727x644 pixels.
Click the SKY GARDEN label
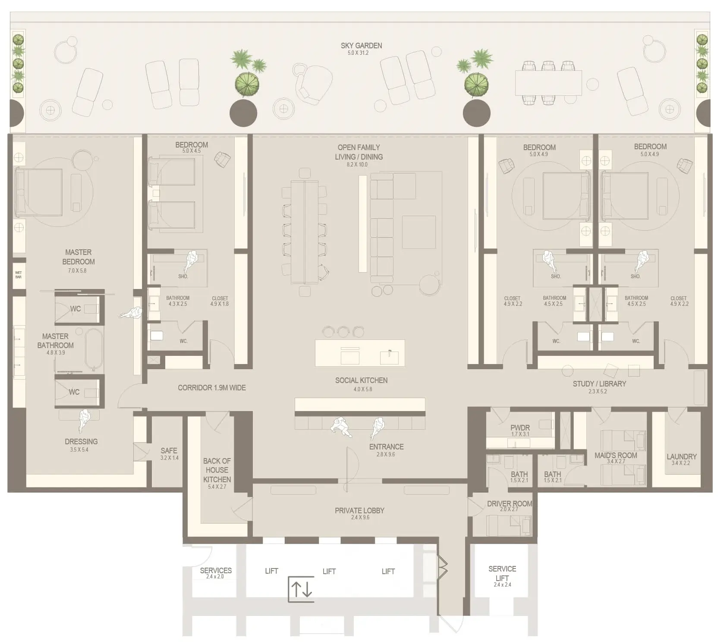tap(361, 45)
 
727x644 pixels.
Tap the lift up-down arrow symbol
tap(301, 589)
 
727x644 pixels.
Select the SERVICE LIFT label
tap(502, 573)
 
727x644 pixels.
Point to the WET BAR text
tap(19, 275)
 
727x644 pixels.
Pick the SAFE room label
tap(169, 450)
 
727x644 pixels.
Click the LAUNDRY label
tap(681, 456)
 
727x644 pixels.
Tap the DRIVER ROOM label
tap(509, 503)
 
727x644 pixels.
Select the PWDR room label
tap(520, 427)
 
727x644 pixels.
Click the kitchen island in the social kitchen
tap(360, 353)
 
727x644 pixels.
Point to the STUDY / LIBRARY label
tap(599, 383)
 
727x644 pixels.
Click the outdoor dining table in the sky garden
tap(548, 83)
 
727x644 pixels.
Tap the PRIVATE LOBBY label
tap(359, 510)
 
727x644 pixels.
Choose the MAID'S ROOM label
tap(616, 455)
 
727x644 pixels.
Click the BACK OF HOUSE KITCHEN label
tap(217, 470)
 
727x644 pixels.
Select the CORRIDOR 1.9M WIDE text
tap(212, 388)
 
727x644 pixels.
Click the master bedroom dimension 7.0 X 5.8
tap(77, 270)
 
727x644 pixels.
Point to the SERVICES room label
tap(216, 570)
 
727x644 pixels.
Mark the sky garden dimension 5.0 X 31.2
tap(358, 53)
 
